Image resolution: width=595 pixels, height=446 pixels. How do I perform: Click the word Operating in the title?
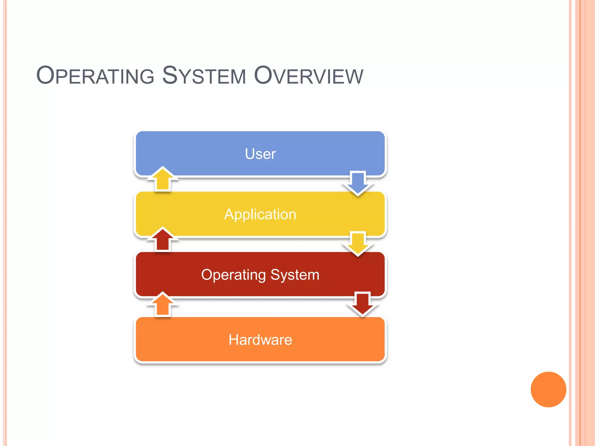95,76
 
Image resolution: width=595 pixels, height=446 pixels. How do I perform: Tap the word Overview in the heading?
309,76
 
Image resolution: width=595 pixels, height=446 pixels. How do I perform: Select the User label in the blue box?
260,154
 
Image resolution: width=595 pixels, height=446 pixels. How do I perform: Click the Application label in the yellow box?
260,215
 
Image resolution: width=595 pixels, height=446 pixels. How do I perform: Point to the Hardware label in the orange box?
260,340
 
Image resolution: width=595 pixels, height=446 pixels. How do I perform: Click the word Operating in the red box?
233,275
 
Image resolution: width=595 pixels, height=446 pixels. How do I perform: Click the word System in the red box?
295,275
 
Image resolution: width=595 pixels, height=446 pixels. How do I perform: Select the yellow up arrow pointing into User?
163,179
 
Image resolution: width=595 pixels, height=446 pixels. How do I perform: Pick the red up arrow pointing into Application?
163,239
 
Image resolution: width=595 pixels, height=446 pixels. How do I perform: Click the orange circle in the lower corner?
548,389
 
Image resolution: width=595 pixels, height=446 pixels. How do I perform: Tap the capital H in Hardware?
234,340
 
